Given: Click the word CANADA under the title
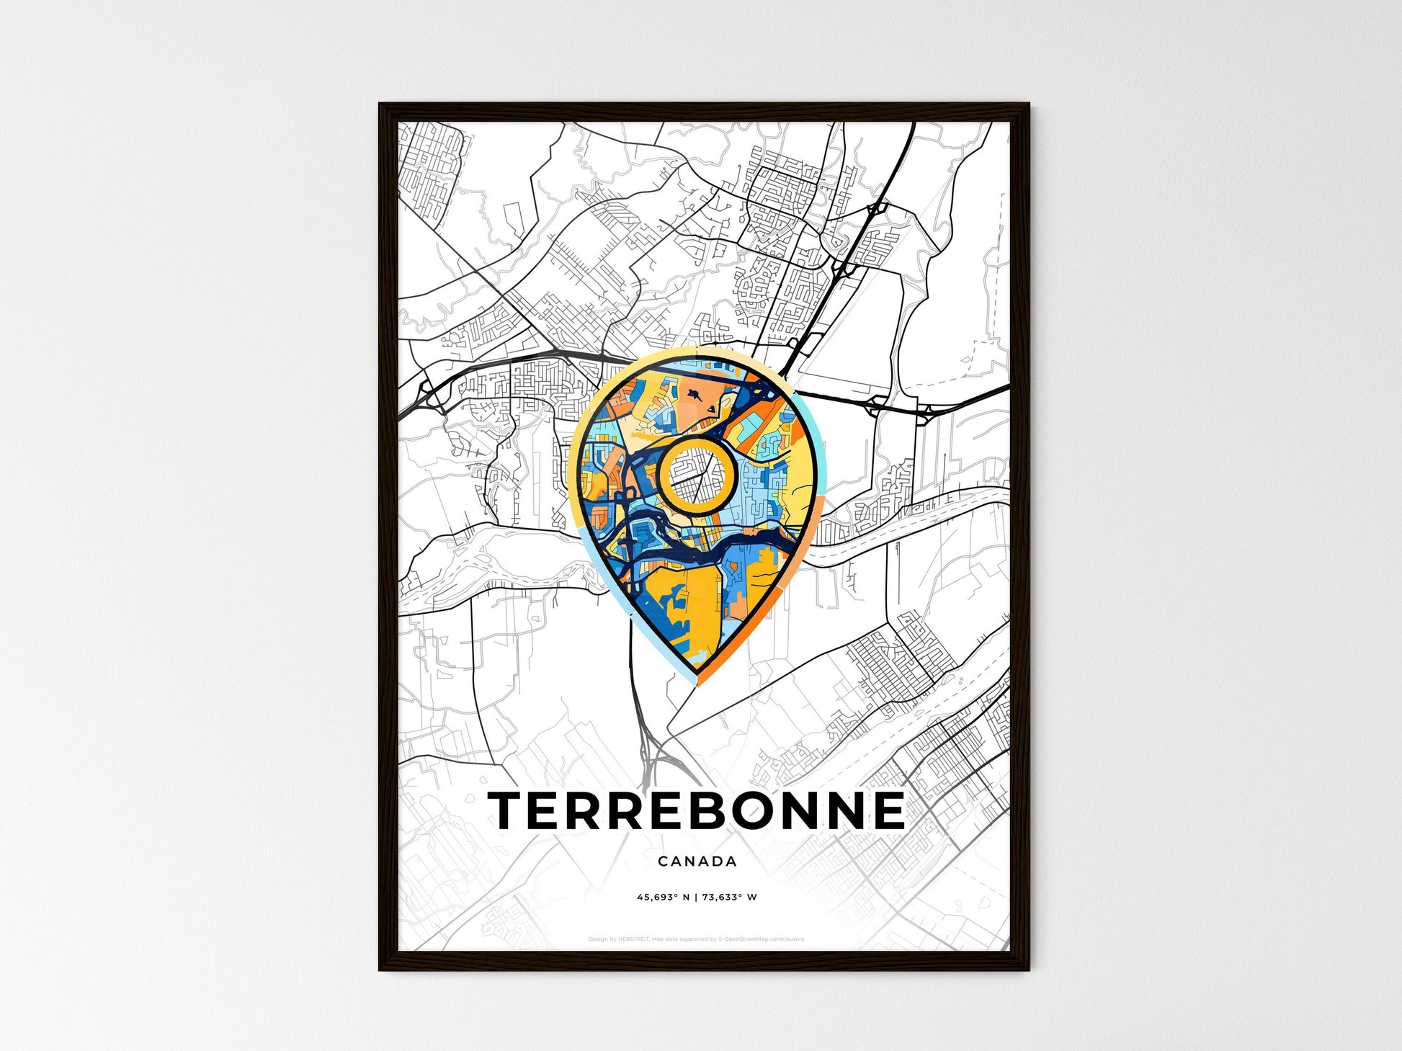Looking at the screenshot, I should click(x=697, y=861).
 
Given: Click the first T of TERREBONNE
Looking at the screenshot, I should click(x=509, y=810).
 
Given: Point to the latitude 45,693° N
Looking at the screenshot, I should click(x=663, y=897).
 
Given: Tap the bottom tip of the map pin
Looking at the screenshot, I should click(x=697, y=682).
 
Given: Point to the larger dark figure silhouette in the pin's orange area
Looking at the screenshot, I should click(x=694, y=395).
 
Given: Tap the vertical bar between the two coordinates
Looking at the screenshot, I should click(x=696, y=897).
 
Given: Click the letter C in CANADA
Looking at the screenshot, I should click(x=662, y=861).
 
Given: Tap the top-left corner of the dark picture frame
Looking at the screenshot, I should click(x=380, y=104).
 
